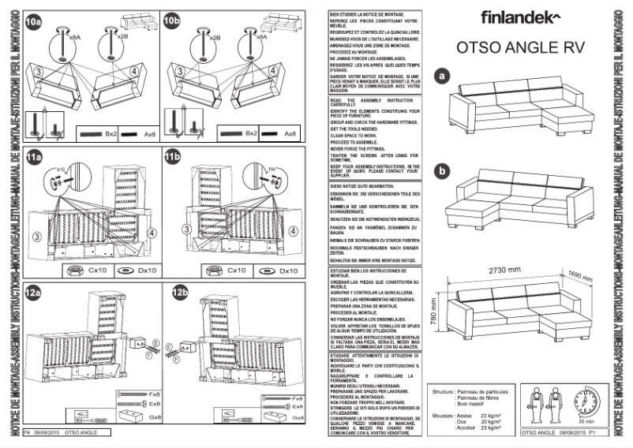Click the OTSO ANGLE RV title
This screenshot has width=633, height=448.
pos(521,47)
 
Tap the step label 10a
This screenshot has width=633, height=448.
pos(33,21)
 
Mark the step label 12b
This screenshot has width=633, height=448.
pos(178,293)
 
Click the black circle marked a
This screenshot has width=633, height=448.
pos(443,76)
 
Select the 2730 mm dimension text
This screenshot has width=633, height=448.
pos(505,269)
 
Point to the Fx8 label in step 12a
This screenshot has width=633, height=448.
pos(154,393)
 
